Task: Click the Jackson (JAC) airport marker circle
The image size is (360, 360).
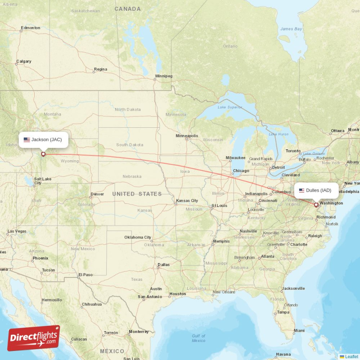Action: pyautogui.click(x=43, y=154)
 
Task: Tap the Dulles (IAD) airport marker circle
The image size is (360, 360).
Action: pyautogui.click(x=316, y=205)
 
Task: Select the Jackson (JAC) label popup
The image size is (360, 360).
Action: pyautogui.click(x=43, y=139)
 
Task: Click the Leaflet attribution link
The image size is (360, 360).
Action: pyautogui.click(x=351, y=356)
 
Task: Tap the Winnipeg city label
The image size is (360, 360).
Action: pyautogui.click(x=163, y=76)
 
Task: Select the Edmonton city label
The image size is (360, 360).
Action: pyautogui.click(x=31, y=28)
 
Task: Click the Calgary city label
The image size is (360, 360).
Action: pyautogui.click(x=24, y=61)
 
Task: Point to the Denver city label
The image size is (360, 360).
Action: pyautogui.click(x=97, y=194)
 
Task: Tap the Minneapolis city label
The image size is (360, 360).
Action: pyautogui.click(x=187, y=135)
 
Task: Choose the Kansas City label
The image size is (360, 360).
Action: pyautogui.click(x=187, y=200)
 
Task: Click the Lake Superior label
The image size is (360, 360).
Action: pyautogui.click(x=230, y=107)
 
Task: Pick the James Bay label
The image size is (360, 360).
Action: pyautogui.click(x=291, y=29)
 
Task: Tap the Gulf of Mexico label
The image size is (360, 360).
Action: pyautogui.click(x=198, y=338)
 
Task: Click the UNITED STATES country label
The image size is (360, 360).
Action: pyautogui.click(x=137, y=194)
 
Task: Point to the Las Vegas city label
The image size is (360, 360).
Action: pyautogui.click(x=17, y=231)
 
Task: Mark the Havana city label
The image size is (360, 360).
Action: pyautogui.click(x=283, y=354)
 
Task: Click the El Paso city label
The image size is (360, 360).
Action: pyautogui.click(x=85, y=274)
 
